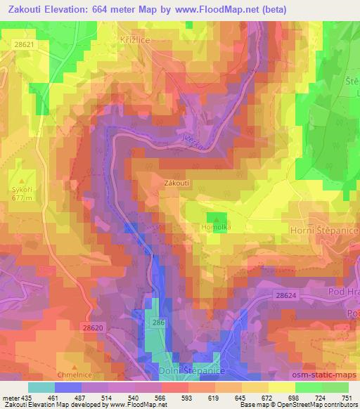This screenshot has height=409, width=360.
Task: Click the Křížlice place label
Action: (x=134, y=40)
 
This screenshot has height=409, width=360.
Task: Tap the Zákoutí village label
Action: (x=177, y=182)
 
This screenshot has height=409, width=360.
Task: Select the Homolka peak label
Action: (x=216, y=228)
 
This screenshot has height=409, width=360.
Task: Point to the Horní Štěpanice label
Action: (x=324, y=231)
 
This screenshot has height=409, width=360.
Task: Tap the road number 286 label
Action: (x=160, y=322)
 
